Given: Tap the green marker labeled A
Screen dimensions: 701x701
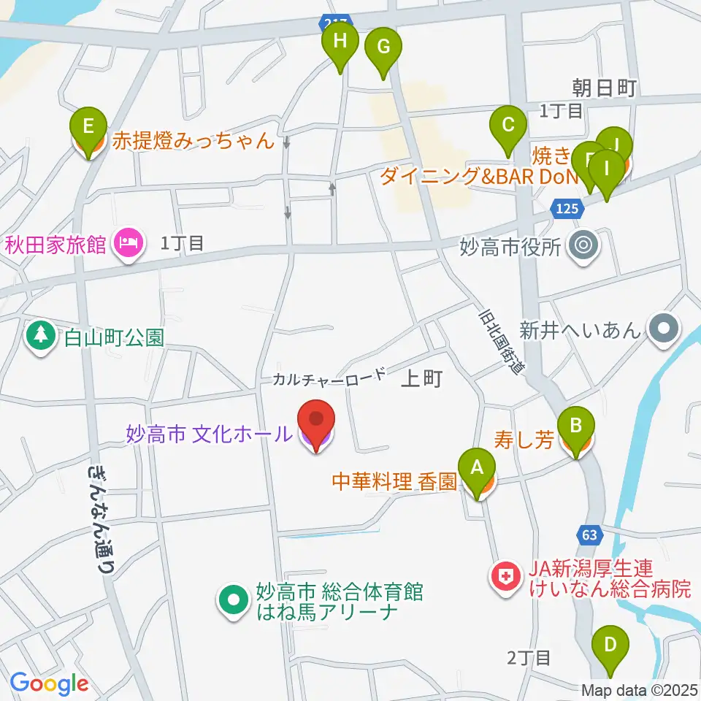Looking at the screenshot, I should click(477, 468).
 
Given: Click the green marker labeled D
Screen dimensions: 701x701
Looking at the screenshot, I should click(610, 646).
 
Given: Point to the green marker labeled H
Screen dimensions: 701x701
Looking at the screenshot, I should click(340, 42).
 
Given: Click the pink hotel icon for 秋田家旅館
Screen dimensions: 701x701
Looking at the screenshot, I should click(129, 243).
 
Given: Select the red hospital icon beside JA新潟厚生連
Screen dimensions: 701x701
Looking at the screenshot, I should click(505, 577).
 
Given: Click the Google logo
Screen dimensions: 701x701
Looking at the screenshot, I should click(48, 683).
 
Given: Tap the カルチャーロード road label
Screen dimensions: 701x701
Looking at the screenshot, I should click(329, 377).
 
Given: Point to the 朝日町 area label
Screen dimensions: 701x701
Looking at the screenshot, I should click(605, 88).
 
